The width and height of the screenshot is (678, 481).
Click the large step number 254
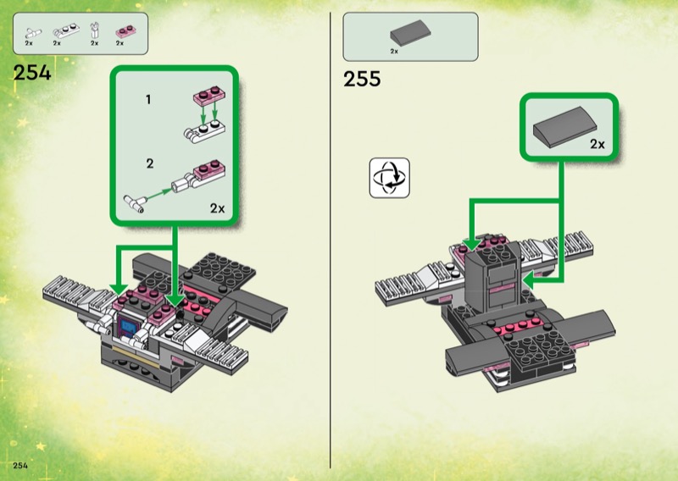(32, 73)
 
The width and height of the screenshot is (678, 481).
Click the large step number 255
(362, 79)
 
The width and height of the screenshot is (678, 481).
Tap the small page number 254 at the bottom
(20, 466)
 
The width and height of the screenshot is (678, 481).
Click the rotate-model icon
(390, 178)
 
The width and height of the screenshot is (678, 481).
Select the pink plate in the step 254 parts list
(125, 31)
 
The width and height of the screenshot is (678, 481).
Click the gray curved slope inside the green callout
(564, 128)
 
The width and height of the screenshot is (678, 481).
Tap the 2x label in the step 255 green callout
(597, 144)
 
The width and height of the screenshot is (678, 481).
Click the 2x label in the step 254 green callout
(218, 208)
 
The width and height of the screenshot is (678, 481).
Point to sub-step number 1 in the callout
(148, 100)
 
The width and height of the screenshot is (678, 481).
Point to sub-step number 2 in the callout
(150, 163)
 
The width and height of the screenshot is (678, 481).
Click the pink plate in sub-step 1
(209, 95)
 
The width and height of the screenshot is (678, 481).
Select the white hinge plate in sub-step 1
(204, 131)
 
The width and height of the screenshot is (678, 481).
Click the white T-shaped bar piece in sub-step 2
(134, 203)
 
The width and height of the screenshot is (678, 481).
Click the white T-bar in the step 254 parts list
(33, 33)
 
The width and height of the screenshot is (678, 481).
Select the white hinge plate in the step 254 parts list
(66, 30)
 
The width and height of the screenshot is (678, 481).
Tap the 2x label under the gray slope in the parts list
(394, 52)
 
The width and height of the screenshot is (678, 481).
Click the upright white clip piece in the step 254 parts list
(95, 30)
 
